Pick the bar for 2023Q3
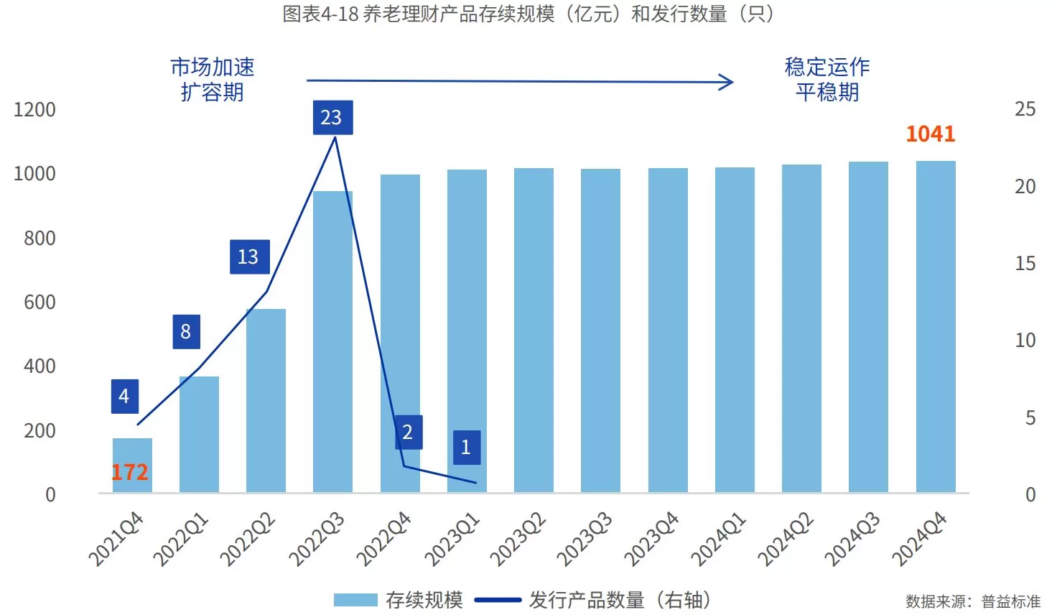[600, 330]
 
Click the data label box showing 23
[332, 117]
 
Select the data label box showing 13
[249, 256]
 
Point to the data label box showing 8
[186, 331]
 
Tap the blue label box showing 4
[124, 396]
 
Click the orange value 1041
[930, 134]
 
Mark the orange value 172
[129, 472]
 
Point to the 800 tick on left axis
[39, 238]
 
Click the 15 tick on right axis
[1025, 264]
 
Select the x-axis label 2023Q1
[452, 539]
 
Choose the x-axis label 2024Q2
[786, 539]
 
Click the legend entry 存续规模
[399, 600]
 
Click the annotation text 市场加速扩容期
[212, 79]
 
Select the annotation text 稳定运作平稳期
[826, 79]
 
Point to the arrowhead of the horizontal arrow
[728, 82]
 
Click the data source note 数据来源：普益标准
[972, 601]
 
